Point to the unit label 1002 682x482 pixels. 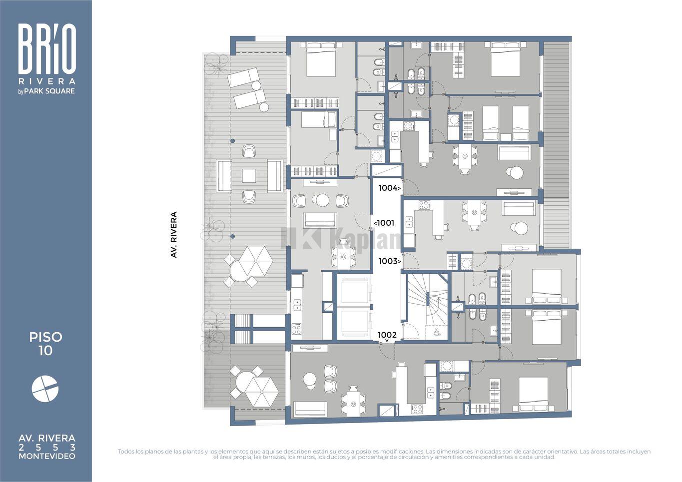point(387,335)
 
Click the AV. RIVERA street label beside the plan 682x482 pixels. point(173,235)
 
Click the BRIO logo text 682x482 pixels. point(47,48)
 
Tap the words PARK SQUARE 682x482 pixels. point(49,91)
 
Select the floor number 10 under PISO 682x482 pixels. point(45,351)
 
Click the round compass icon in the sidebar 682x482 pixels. point(45,389)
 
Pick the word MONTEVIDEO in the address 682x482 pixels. point(47,456)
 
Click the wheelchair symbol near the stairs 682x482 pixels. point(437,333)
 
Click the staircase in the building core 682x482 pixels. point(427,306)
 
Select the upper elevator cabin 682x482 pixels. point(354,292)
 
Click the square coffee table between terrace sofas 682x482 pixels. point(249,176)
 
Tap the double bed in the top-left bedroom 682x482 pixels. point(321,59)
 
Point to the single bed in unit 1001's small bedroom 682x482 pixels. point(318,119)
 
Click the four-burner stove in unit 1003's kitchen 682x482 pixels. point(424,205)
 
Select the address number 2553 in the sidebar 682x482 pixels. point(47,448)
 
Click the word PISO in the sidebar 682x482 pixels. point(45,337)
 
